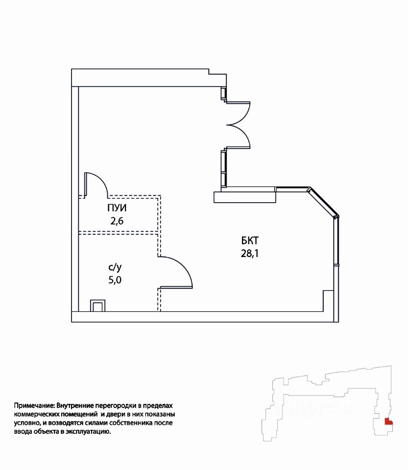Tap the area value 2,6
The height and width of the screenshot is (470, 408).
[x=117, y=220]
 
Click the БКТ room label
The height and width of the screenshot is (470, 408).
[x=249, y=241]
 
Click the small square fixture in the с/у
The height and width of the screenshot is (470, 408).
[x=97, y=306]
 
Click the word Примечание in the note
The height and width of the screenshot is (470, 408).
[x=34, y=406]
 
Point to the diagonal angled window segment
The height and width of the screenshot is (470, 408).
[x=324, y=201]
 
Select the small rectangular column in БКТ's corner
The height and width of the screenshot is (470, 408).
[x=328, y=300]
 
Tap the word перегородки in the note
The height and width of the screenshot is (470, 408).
[x=116, y=406]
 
